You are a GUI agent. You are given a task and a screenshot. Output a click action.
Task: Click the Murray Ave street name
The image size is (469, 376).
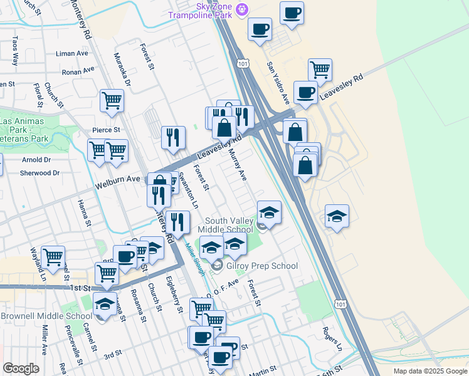(237, 162)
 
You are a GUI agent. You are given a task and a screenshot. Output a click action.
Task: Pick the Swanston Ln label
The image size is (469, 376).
(188, 190)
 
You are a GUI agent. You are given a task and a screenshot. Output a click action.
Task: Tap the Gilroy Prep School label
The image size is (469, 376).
(261, 266)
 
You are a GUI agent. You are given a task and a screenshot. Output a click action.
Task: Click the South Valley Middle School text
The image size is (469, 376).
(225, 225)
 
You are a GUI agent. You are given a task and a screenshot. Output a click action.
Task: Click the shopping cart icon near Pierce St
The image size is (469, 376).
(112, 100)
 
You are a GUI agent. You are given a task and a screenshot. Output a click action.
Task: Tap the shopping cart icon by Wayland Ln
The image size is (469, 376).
(53, 256)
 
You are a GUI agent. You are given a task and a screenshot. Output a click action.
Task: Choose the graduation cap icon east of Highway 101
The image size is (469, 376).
(337, 216)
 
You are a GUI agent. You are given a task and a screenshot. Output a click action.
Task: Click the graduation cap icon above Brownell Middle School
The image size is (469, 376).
(105, 305)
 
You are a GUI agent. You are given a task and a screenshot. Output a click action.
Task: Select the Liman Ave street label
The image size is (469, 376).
(72, 54)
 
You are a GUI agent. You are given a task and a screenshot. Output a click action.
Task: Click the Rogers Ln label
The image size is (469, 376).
(332, 338)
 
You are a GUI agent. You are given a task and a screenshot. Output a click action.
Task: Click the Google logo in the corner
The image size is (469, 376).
(21, 368)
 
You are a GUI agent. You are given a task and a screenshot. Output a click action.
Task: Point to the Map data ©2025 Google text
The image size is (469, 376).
(429, 371)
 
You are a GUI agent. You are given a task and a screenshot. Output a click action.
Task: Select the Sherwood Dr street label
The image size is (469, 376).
(40, 173)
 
